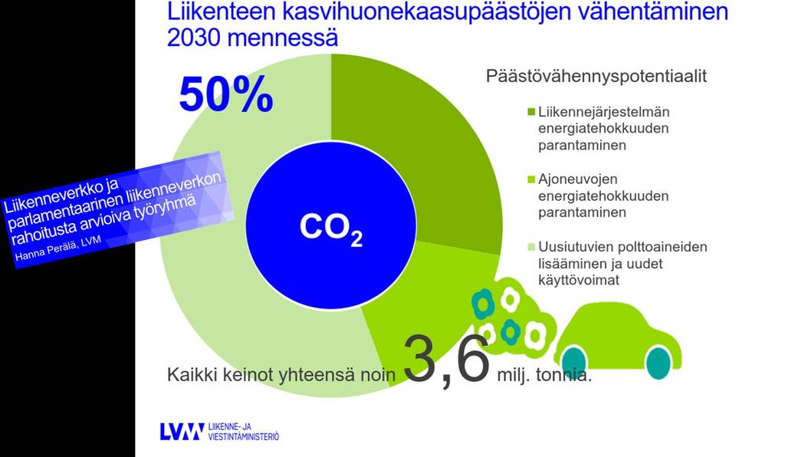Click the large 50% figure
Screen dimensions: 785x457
tap(226, 94)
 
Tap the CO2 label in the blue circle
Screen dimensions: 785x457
tap(331, 228)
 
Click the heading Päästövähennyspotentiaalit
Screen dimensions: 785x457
tap(596, 76)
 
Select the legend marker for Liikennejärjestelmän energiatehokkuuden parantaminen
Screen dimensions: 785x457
tap(531, 112)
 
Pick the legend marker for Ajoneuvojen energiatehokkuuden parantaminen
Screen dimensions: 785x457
tap(531, 179)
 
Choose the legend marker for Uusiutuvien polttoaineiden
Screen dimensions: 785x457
tap(531, 247)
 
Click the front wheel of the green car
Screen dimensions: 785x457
tap(658, 363)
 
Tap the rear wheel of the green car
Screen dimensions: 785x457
tap(574, 363)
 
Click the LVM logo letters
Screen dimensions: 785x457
tap(182, 432)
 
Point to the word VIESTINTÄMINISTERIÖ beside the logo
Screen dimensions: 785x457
tap(243, 436)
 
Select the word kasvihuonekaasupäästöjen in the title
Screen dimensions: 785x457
tap(426, 12)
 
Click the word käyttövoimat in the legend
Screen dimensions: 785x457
tap(579, 280)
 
